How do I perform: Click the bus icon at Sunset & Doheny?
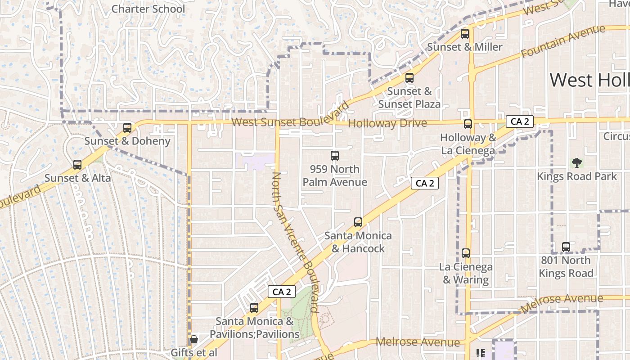[x=127, y=128]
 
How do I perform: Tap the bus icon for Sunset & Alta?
[x=77, y=165]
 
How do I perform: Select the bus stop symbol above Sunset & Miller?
[x=465, y=34]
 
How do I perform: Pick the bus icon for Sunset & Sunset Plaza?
[x=409, y=78]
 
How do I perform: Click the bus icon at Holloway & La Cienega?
[x=468, y=124]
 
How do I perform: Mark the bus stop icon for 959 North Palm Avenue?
[x=334, y=156]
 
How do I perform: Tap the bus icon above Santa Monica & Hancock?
[x=358, y=222]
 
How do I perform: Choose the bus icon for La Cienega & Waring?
[x=466, y=253]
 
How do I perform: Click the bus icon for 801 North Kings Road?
[x=566, y=247]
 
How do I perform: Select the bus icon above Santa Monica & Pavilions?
[x=254, y=308]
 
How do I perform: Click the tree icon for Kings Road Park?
[x=576, y=162]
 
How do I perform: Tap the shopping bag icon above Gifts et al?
[x=193, y=339]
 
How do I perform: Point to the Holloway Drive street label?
[x=387, y=123]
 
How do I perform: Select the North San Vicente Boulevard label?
[x=296, y=242]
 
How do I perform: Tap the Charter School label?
[x=148, y=9]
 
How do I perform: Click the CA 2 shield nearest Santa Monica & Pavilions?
[x=282, y=292]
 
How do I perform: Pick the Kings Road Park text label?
[x=576, y=176]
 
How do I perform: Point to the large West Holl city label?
[x=589, y=80]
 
